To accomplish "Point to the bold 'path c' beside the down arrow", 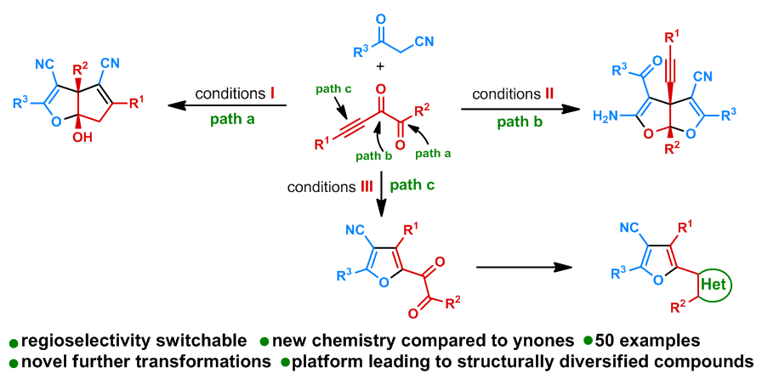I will [x=417, y=185].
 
